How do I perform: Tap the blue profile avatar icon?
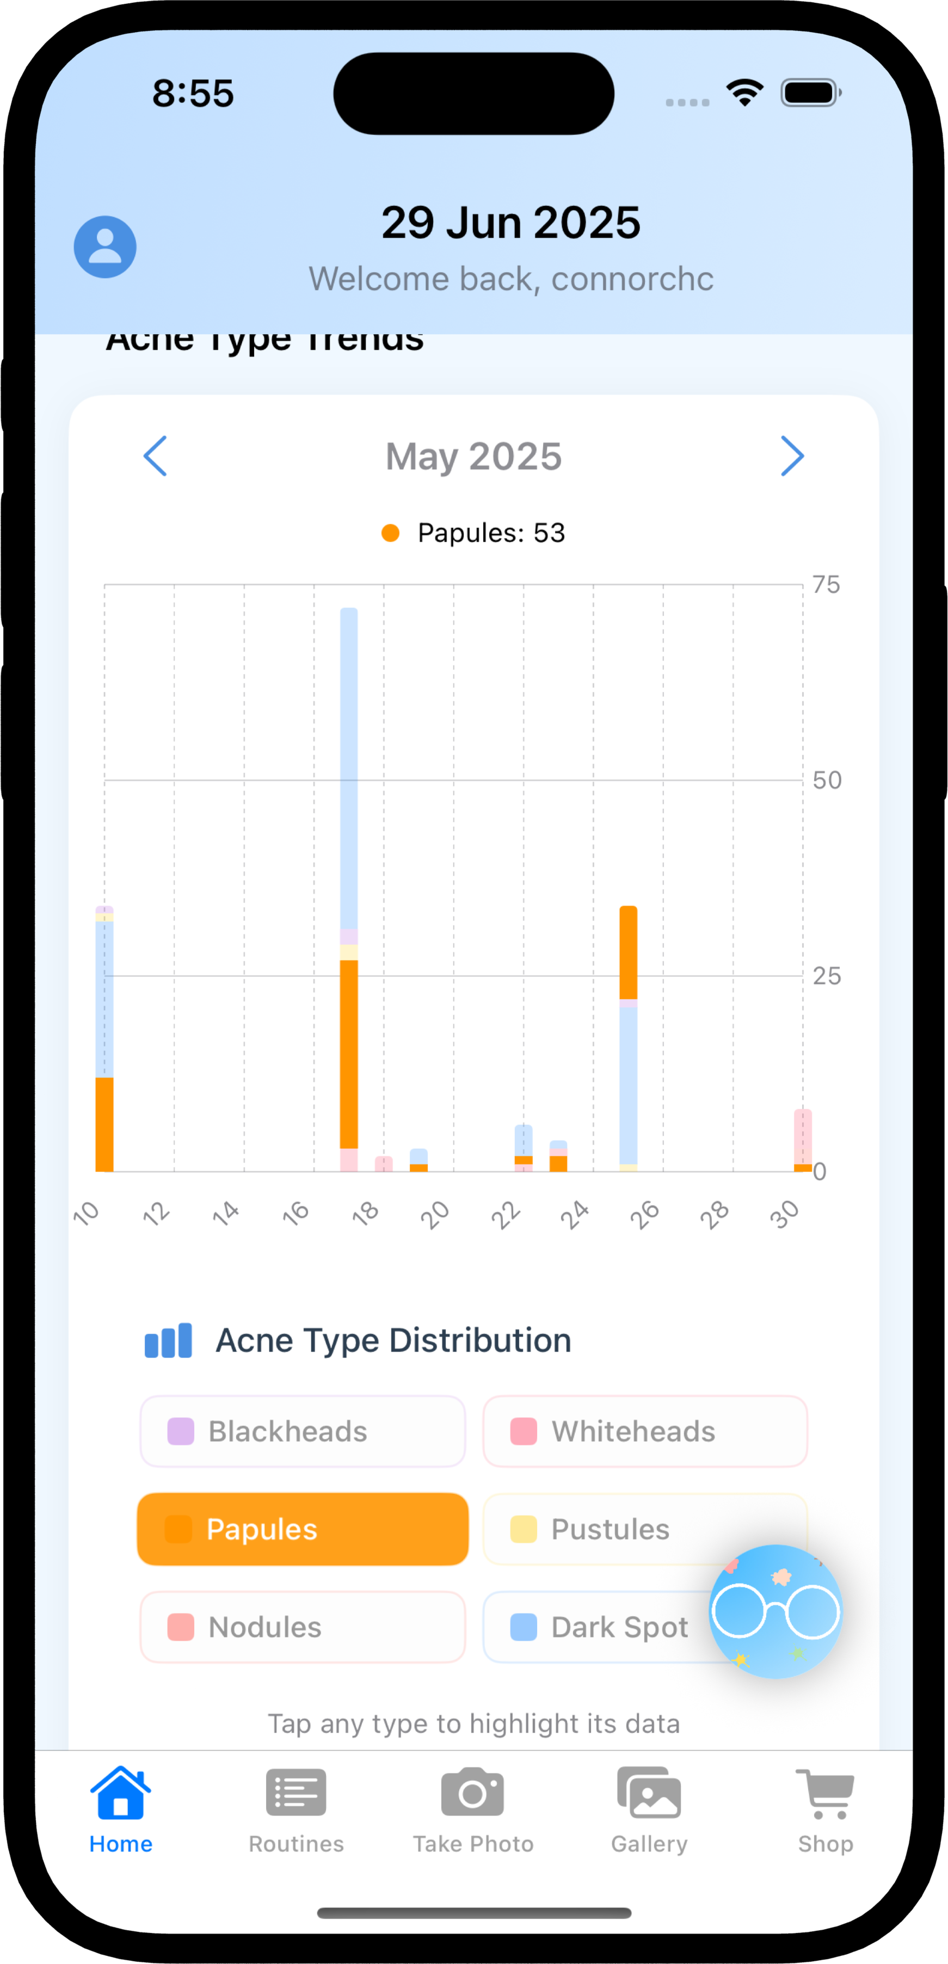105,247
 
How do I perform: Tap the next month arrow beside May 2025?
792,457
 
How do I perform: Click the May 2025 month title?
473,457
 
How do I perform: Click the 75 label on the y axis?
826,585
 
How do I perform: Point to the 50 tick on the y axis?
827,780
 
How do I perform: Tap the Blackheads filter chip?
303,1432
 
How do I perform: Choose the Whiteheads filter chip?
645,1432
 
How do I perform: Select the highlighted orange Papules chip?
303,1529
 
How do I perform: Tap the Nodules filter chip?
303,1627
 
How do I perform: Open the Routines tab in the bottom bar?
296,1810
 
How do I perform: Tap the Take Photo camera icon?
473,1793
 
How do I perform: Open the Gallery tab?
649,1810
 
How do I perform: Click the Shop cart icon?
825,1793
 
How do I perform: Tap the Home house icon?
120,1793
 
